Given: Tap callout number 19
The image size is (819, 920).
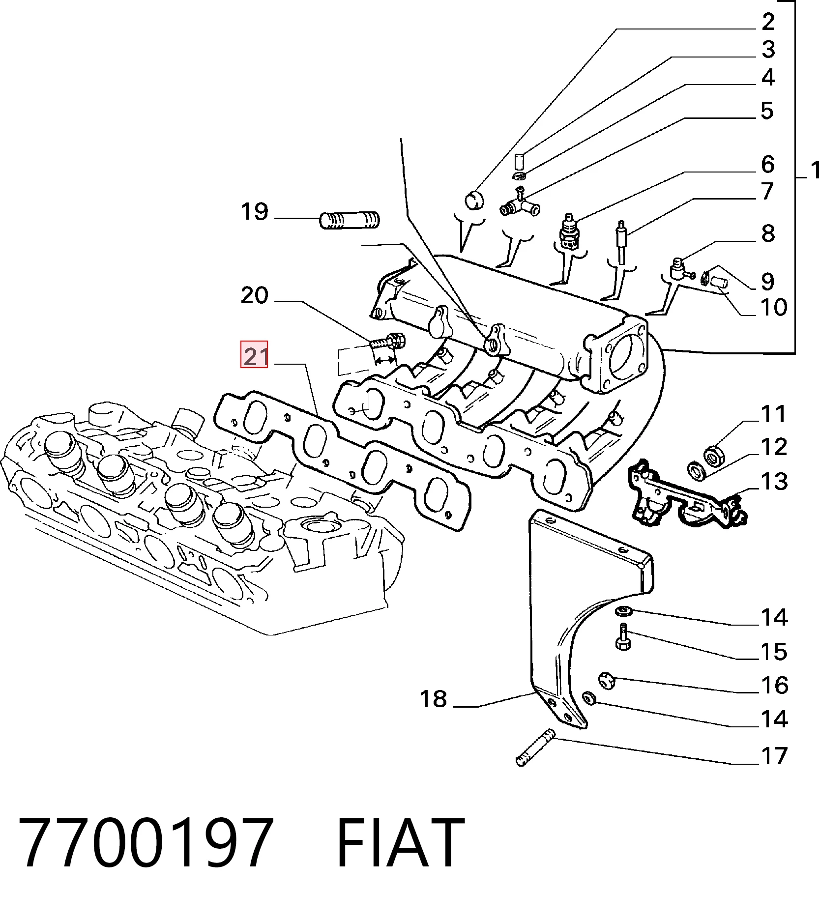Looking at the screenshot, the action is (x=255, y=212).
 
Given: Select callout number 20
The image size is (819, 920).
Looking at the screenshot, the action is (x=255, y=295).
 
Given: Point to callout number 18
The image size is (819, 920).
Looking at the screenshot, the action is (x=433, y=699).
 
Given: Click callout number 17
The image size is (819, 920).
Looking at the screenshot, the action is (x=774, y=756).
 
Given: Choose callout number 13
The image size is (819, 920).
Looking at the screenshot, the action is (x=774, y=482).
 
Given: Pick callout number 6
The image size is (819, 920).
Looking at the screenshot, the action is (x=768, y=164).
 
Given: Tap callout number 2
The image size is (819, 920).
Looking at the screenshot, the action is (x=768, y=22).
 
